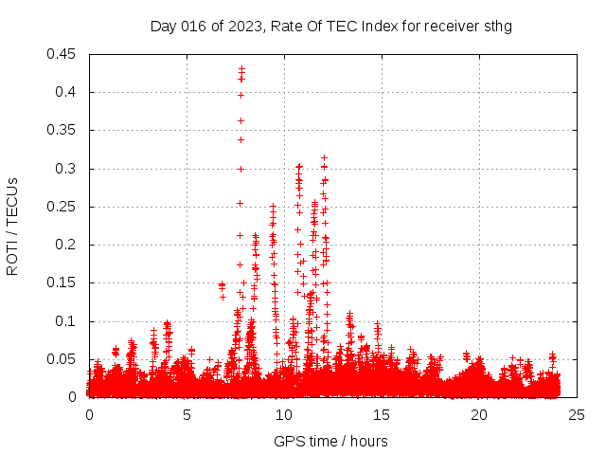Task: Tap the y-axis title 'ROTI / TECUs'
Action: pos(12,227)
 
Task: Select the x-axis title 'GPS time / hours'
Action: pos(330,441)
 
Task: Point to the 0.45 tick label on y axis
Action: pos(62,54)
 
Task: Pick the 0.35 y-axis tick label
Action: pos(62,130)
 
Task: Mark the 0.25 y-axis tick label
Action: pos(62,207)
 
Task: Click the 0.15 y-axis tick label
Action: pos(62,282)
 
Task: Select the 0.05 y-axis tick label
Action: pos(62,359)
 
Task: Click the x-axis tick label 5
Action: pos(187,414)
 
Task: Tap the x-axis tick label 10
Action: pos(284,414)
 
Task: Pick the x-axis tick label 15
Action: pos(382,414)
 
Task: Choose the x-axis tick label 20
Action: pos(479,414)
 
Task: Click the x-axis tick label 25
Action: pos(577,414)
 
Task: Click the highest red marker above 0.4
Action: pos(241,68)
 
